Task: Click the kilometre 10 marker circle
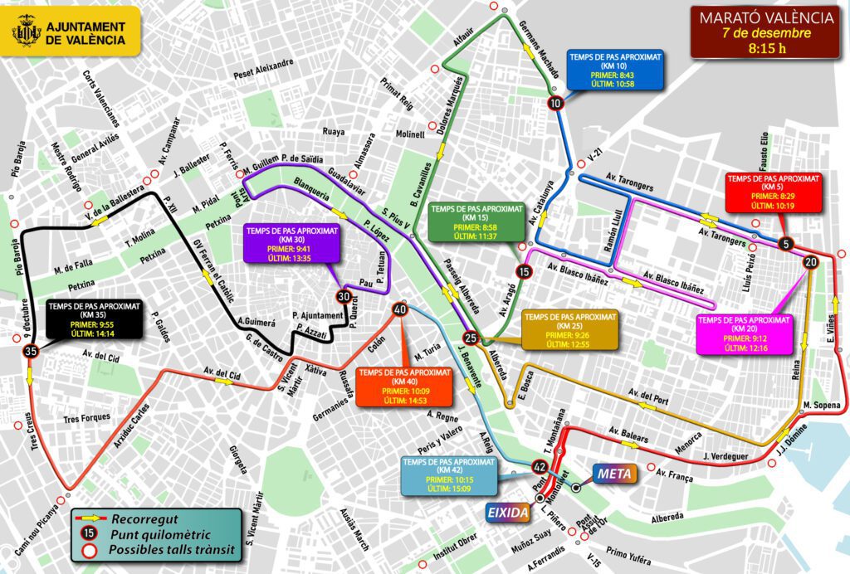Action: pyautogui.click(x=555, y=103)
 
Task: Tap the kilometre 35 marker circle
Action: pyautogui.click(x=31, y=353)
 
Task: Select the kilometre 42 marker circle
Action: pyautogui.click(x=540, y=467)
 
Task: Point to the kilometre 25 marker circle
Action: pyautogui.click(x=471, y=338)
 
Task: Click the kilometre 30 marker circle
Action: pyautogui.click(x=344, y=296)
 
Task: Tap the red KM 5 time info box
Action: pyautogui.click(x=761, y=192)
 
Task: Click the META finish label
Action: pyautogui.click(x=613, y=475)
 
